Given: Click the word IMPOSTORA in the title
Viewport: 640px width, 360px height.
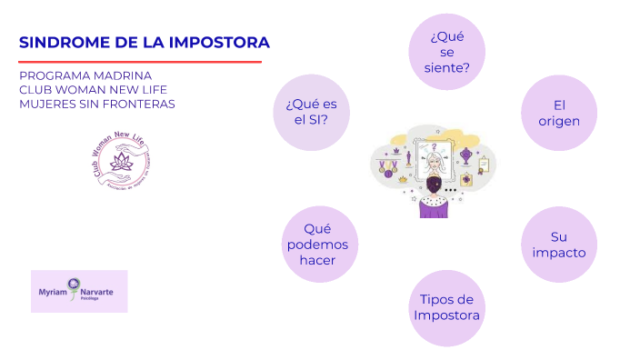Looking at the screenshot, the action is (x=224, y=43).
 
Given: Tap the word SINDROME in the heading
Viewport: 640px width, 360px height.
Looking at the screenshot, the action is (x=56, y=43).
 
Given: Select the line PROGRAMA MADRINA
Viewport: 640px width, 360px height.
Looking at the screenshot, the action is (x=85, y=75).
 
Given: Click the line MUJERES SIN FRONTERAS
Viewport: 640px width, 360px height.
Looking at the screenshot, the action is (x=97, y=104).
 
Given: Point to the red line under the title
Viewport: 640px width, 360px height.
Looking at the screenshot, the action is (x=140, y=62).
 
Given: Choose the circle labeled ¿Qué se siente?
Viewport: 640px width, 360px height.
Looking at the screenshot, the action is (x=446, y=52).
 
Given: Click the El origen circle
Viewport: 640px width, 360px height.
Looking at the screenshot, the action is (x=559, y=113).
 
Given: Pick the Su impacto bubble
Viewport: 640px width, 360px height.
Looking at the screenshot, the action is (x=559, y=245).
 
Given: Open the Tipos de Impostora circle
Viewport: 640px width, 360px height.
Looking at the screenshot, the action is (x=446, y=307).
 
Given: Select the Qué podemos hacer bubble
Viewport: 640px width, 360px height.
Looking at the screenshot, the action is (x=320, y=245).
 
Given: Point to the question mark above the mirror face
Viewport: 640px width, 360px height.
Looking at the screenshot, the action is (x=435, y=145).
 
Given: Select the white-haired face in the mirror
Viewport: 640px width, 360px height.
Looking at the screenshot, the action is (x=435, y=164).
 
